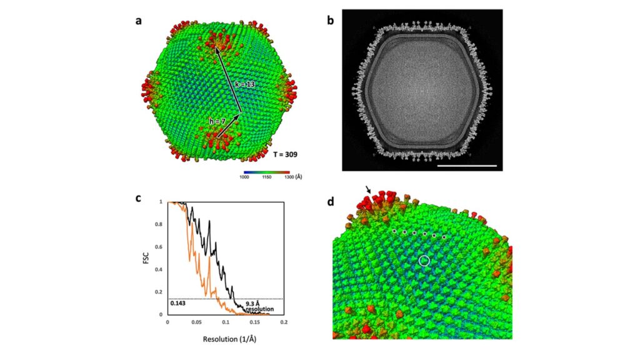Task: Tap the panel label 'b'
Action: point(331,20)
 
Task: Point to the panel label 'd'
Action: point(331,202)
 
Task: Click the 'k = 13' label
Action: point(246,83)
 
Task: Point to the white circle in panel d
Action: point(424,260)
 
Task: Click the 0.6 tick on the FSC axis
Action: point(161,247)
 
